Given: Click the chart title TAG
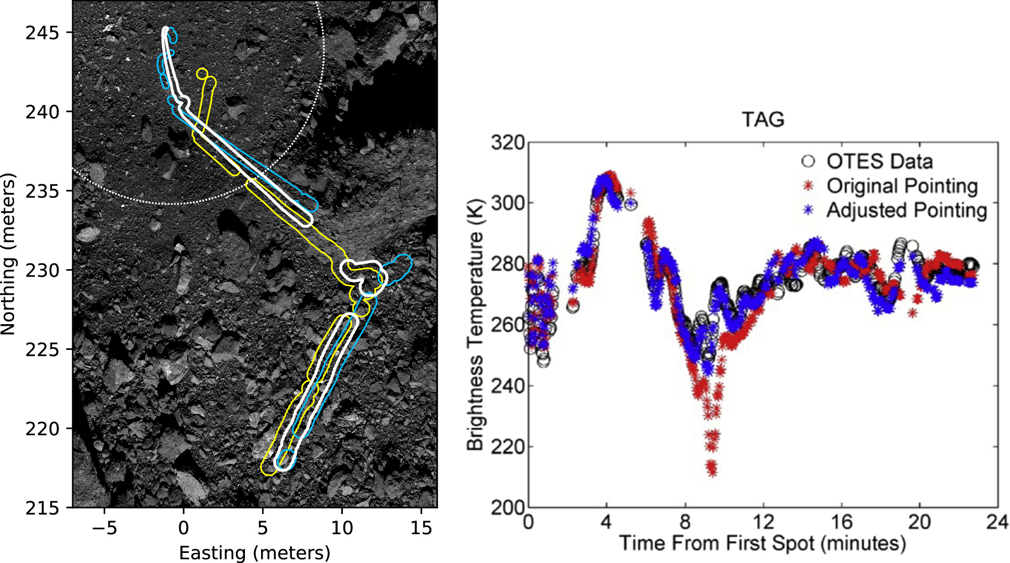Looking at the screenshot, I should pos(763,120).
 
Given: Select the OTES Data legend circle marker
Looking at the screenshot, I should pos(808,161).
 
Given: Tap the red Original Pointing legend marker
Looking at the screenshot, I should pos(809,186).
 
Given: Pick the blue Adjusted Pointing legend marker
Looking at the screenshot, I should pos(809,210).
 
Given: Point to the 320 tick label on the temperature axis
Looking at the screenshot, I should pos(508,143).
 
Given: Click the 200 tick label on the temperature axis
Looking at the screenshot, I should pos(508,507).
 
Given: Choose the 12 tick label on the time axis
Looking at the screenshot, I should pos(763,522).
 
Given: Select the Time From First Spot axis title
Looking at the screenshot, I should pos(763,543).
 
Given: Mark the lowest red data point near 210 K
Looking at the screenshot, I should pos(713,472).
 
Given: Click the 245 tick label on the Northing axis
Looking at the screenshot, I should pos(42,33).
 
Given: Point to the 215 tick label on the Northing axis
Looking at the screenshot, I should pos(42,507).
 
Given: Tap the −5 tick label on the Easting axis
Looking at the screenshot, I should pos(104,528).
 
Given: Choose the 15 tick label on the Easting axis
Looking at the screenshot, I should pos(421,528).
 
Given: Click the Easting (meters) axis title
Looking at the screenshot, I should pos(255,553).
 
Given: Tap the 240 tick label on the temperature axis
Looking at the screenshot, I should pos(508,386).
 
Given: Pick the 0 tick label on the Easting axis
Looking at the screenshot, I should pos(183,528).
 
